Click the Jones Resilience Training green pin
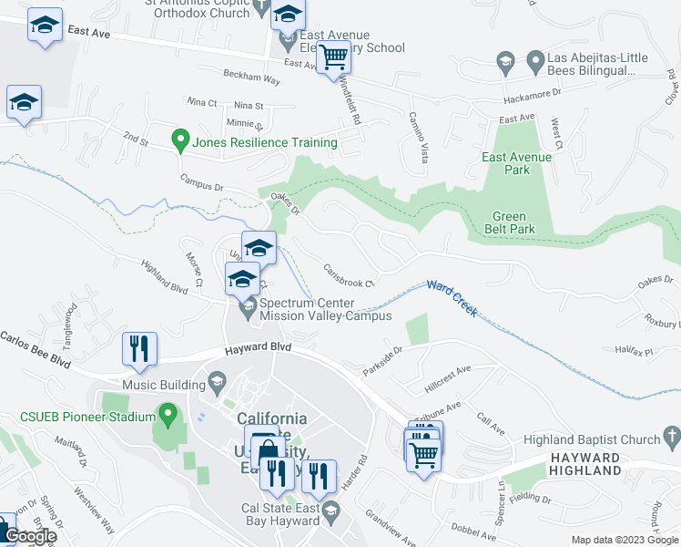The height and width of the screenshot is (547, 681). point(180,141)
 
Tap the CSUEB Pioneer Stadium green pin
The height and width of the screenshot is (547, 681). point(167,417)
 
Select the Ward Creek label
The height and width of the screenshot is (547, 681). point(452,287)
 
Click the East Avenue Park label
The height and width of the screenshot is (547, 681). point(517,163)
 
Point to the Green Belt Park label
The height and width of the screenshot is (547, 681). point(509,223)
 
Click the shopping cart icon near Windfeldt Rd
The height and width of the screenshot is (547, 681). point(334,57)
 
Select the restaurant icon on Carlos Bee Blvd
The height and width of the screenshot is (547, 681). point(139,348)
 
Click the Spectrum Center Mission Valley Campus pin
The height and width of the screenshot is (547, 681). point(247,310)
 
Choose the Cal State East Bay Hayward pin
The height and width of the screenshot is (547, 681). point(330,521)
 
